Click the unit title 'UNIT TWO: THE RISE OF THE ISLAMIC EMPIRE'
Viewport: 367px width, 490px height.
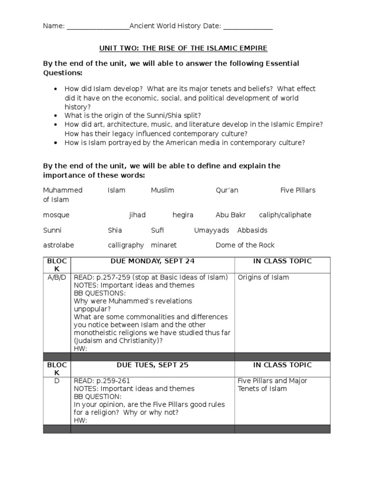coord(183,48)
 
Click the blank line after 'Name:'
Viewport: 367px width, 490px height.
coord(98,27)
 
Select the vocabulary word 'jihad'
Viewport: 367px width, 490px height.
coord(137,215)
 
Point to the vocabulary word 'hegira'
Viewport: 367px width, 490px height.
coord(183,215)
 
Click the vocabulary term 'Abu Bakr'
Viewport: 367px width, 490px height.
coord(229,215)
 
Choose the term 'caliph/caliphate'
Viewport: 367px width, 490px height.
coord(285,215)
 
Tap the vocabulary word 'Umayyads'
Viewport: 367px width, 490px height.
coord(212,230)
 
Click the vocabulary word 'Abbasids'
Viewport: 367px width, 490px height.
coord(252,230)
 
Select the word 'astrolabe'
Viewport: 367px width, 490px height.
coord(58,245)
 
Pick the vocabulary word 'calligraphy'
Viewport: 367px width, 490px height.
coord(126,245)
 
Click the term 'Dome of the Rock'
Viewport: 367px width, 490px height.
coord(245,245)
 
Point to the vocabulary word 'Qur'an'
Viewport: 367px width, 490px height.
coord(227,190)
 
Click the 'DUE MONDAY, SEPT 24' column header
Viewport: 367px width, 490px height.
coord(152,261)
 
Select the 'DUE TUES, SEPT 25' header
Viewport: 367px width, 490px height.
coord(152,365)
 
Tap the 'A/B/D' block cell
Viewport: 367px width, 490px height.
coord(57,277)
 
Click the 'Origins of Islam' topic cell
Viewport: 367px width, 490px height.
coord(263,277)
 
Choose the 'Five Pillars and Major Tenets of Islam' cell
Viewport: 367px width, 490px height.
coord(272,385)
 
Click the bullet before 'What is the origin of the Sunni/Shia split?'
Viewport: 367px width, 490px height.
coord(56,116)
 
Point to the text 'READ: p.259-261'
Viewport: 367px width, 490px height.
coord(101,381)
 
